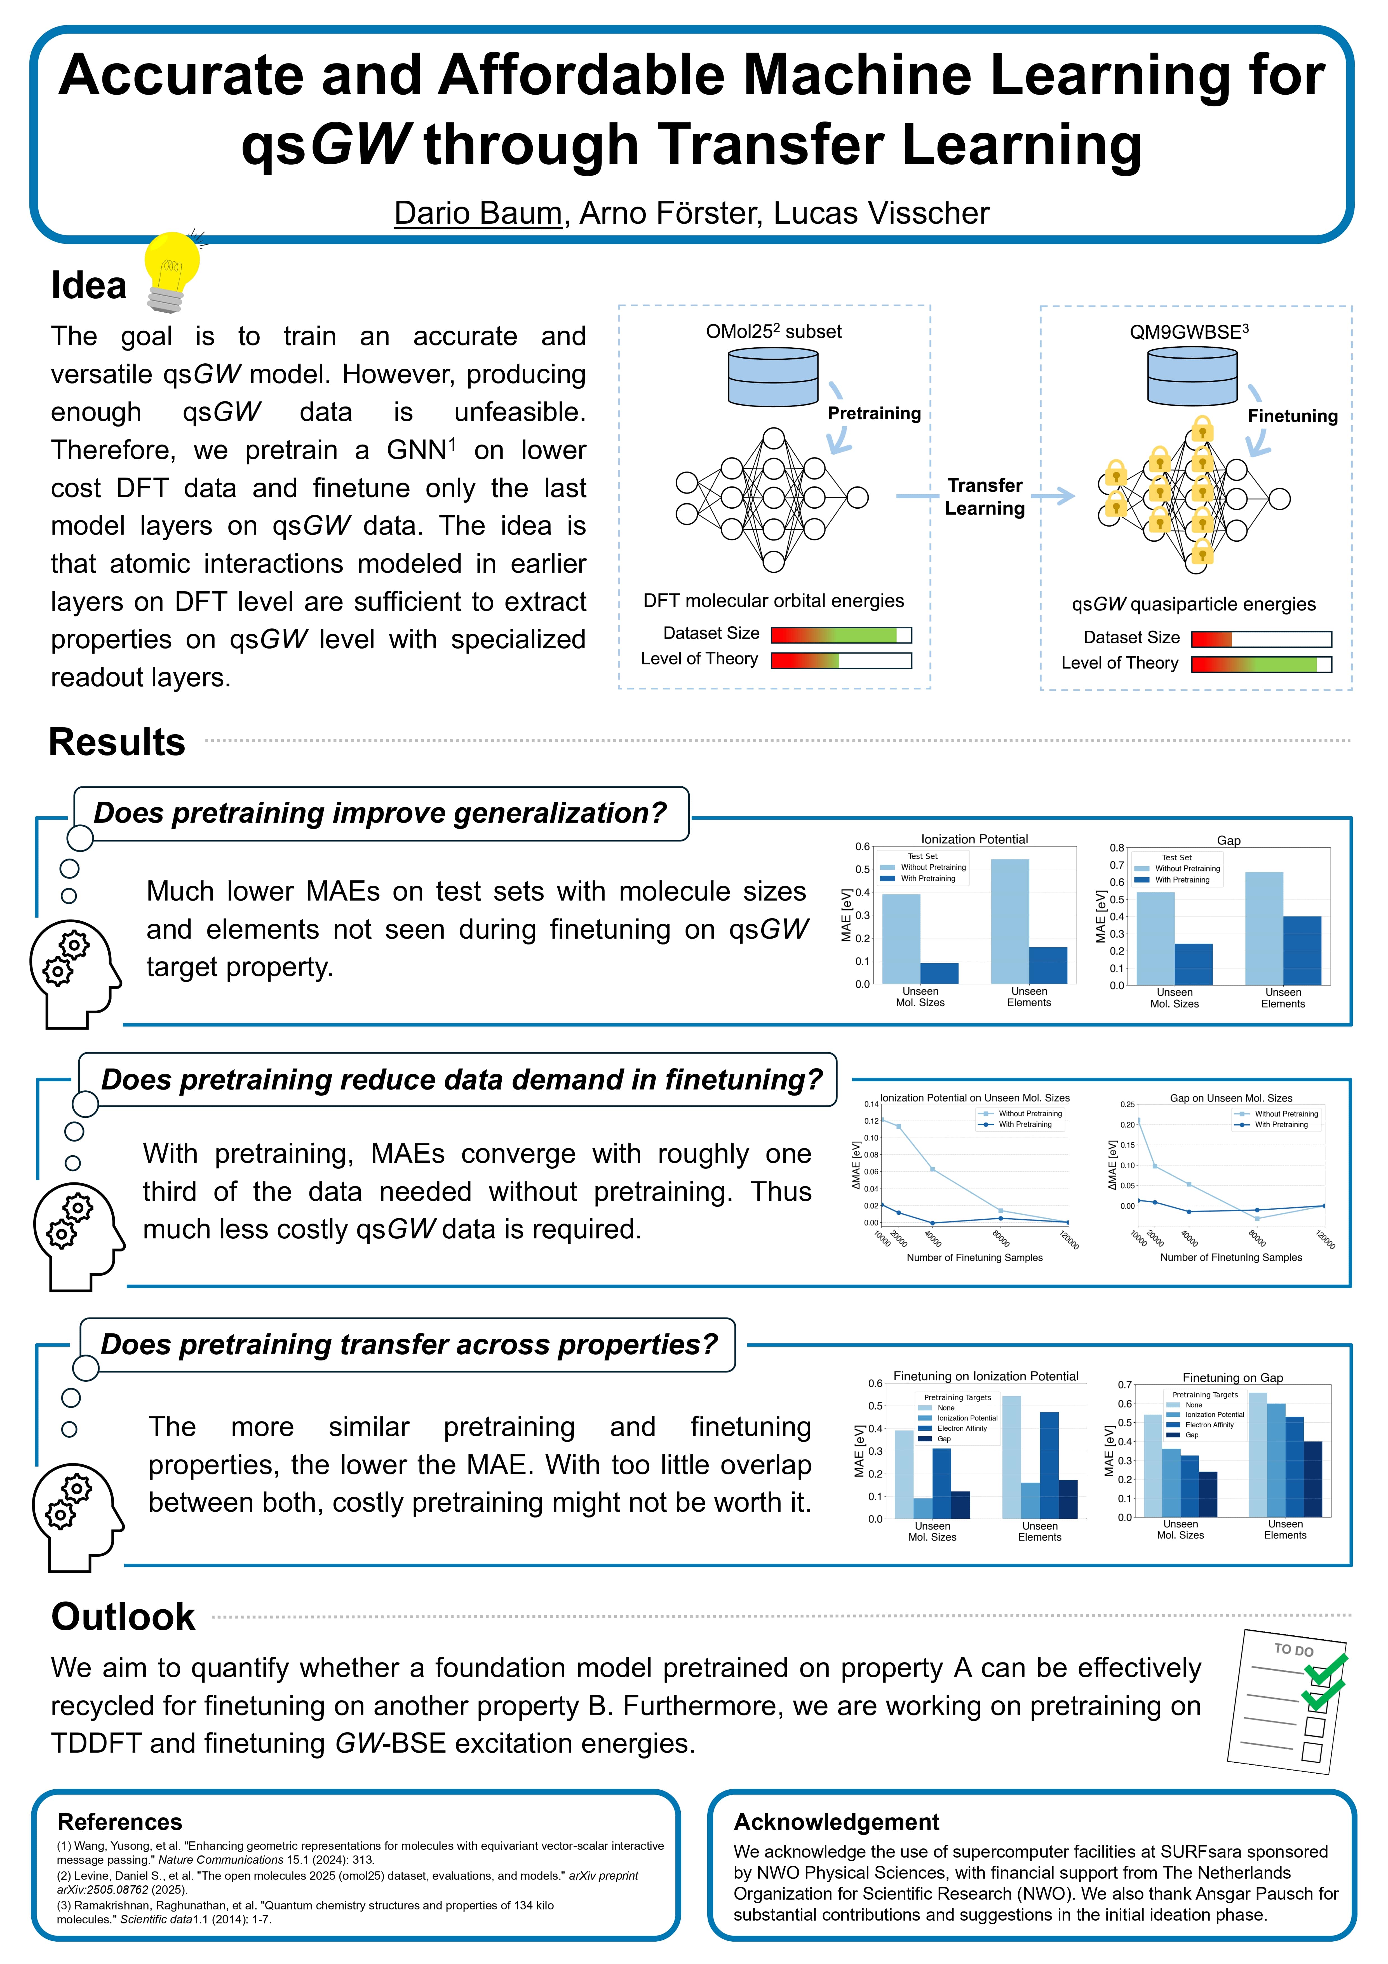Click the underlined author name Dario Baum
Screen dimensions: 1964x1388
pyautogui.click(x=477, y=213)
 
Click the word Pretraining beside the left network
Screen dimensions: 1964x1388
pyautogui.click(x=874, y=413)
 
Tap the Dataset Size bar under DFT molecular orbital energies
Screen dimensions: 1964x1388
pyautogui.click(x=841, y=635)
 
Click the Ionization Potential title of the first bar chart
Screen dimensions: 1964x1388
pyautogui.click(x=974, y=839)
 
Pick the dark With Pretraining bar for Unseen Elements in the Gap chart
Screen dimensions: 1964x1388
pyautogui.click(x=1302, y=950)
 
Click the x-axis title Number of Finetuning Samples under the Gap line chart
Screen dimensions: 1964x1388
pyautogui.click(x=1231, y=1257)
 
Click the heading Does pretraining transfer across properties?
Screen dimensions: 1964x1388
pyautogui.click(x=409, y=1345)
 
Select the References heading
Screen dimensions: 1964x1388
pyautogui.click(x=120, y=1822)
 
